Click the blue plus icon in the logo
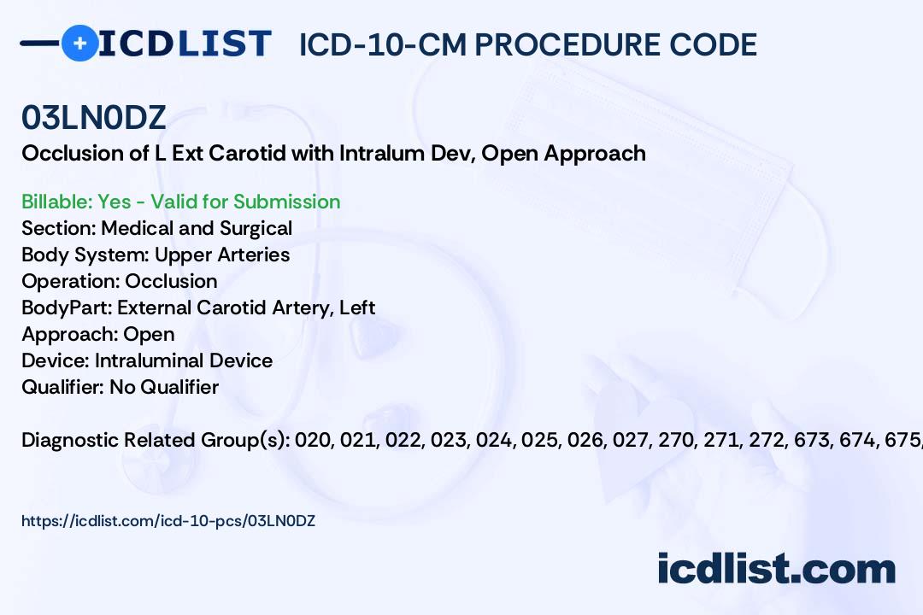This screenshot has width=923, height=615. click(x=79, y=44)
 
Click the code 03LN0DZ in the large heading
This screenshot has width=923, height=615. click(x=94, y=118)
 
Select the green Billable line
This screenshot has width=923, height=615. click(x=180, y=202)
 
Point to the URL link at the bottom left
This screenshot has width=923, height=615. click(x=168, y=521)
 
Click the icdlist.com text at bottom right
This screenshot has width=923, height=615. click(x=776, y=569)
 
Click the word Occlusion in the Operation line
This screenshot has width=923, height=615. click(x=171, y=281)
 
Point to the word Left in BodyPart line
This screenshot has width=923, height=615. click(x=357, y=307)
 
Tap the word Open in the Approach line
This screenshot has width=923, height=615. click(x=149, y=335)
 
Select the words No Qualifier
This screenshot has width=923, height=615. click(x=164, y=387)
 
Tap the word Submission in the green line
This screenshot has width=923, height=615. click(x=286, y=202)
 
